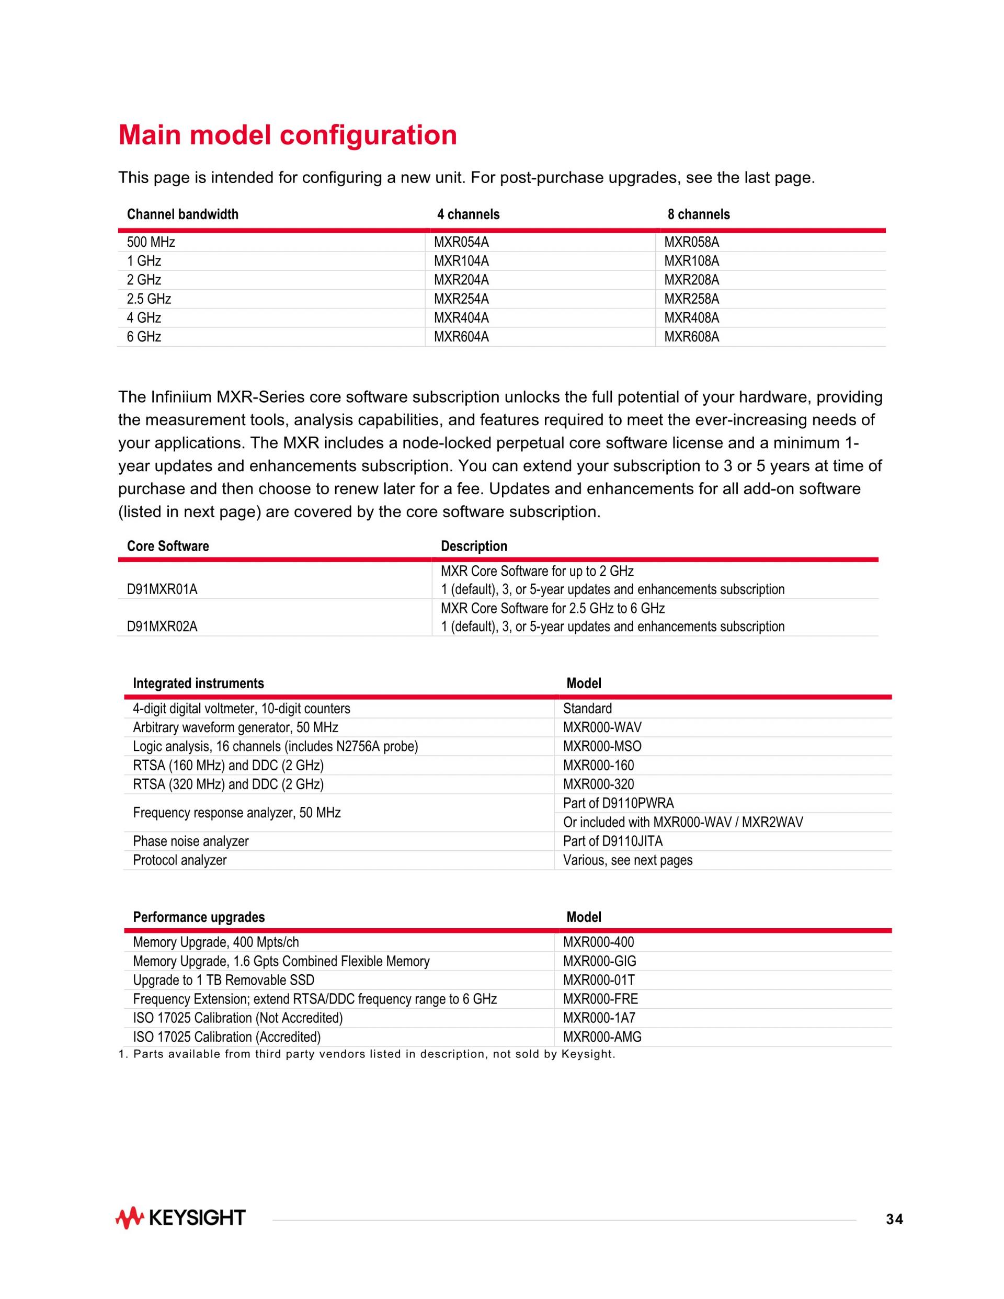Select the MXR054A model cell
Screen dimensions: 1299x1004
click(x=461, y=242)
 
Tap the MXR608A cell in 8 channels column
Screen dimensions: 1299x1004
click(x=691, y=337)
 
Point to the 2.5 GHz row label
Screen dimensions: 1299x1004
click(x=149, y=299)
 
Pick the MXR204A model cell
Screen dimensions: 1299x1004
click(x=461, y=280)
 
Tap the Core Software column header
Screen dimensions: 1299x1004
click(x=168, y=546)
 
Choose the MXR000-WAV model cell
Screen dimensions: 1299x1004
click(x=602, y=727)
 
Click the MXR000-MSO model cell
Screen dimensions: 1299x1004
click(x=602, y=746)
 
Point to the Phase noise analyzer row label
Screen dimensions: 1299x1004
click(x=190, y=841)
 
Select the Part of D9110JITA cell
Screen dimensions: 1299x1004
click(x=613, y=841)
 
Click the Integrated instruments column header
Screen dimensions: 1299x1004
click(x=198, y=683)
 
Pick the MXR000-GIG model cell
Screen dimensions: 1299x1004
click(x=600, y=961)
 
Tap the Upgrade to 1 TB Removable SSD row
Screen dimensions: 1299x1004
click(x=223, y=980)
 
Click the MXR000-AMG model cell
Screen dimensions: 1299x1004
click(x=602, y=1038)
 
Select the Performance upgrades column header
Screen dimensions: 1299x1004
click(x=199, y=917)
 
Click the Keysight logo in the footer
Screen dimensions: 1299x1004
click(x=180, y=1218)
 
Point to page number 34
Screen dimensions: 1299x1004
click(x=894, y=1220)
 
